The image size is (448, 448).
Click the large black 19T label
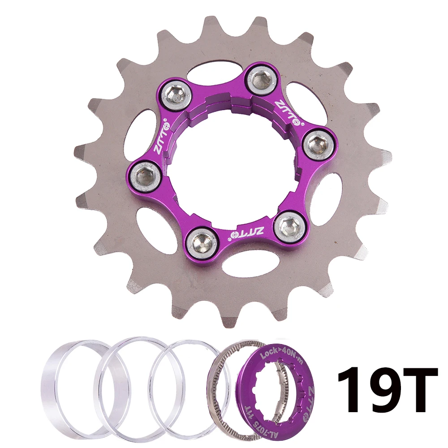pyautogui.click(x=387, y=389)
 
